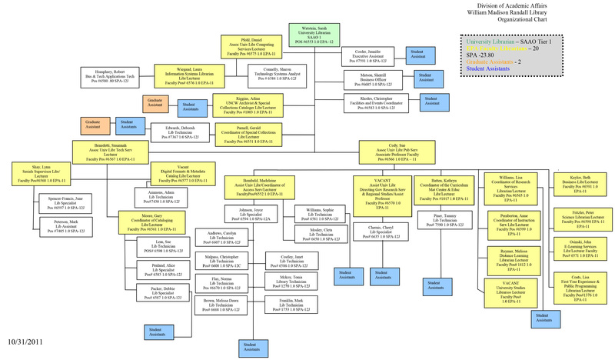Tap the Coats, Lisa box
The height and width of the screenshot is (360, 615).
point(578,284)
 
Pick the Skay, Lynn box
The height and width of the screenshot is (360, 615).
point(40,175)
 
